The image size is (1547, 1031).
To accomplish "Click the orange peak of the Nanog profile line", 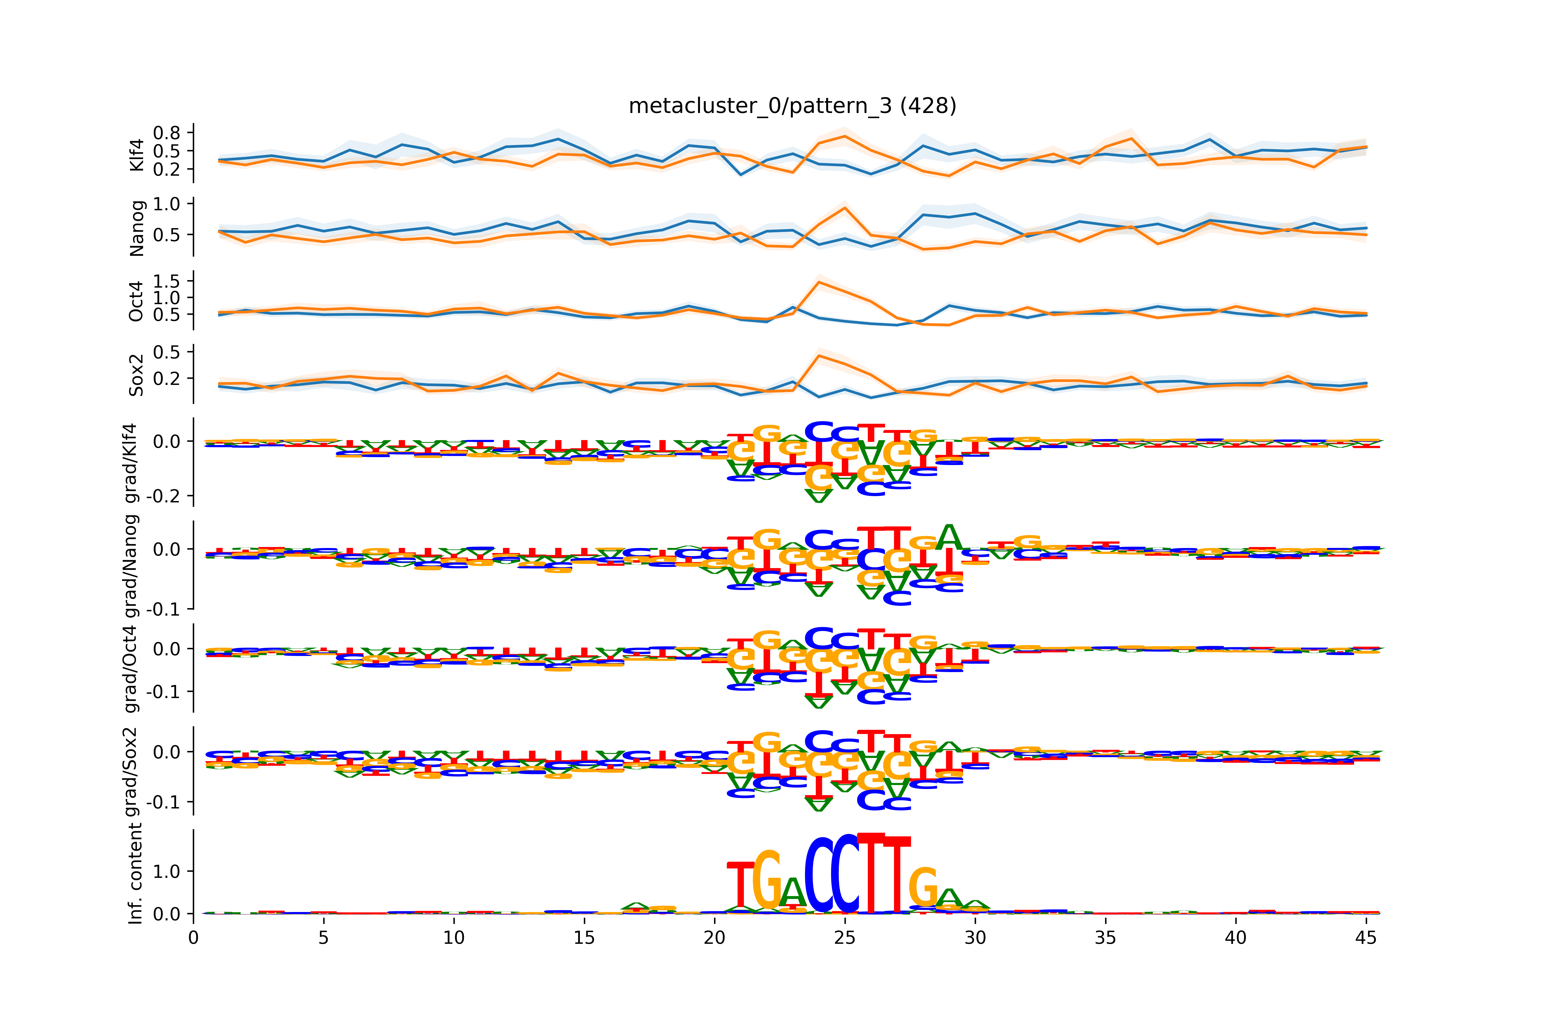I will (x=845, y=208).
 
